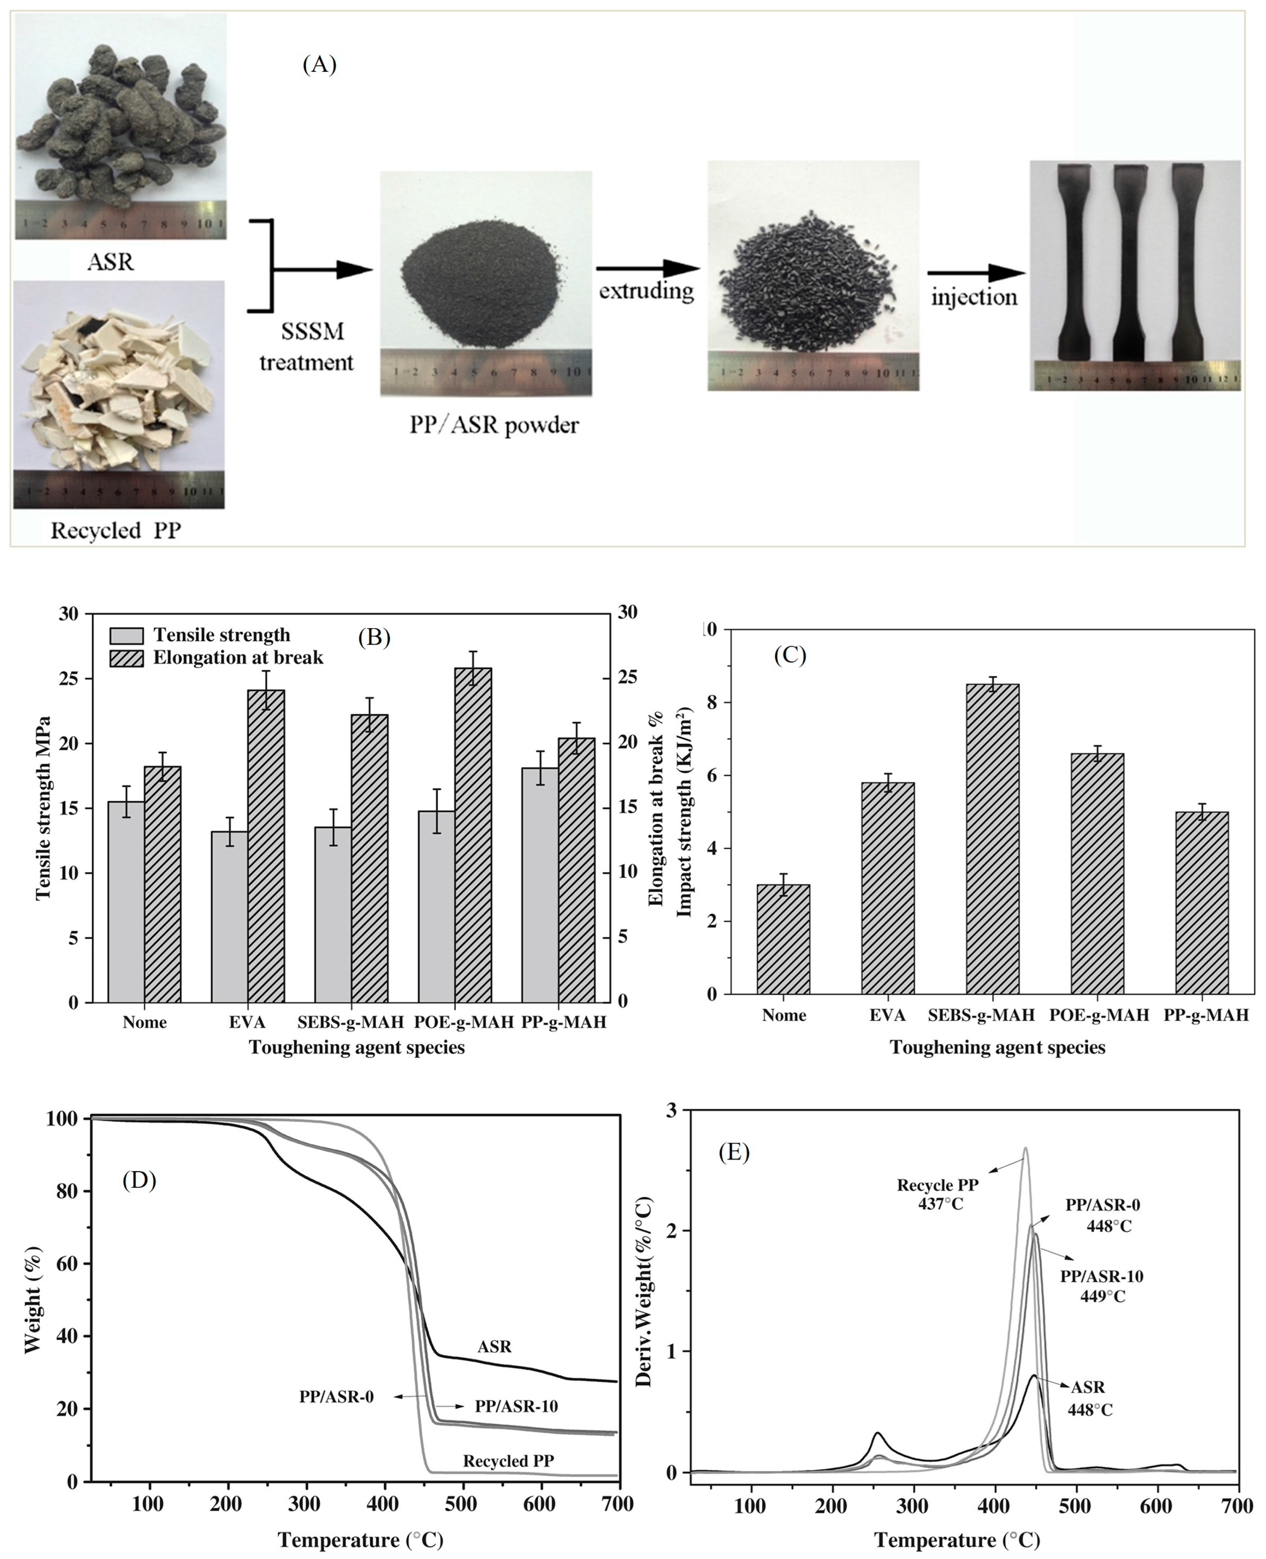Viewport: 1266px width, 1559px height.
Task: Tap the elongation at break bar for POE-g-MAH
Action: (x=473, y=835)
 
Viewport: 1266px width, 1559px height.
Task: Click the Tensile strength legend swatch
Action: (x=127, y=635)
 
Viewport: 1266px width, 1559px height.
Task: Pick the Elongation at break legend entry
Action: (x=237, y=658)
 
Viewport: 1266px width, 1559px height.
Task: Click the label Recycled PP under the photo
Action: (x=115, y=530)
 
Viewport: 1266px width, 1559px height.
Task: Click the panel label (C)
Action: (x=790, y=655)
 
